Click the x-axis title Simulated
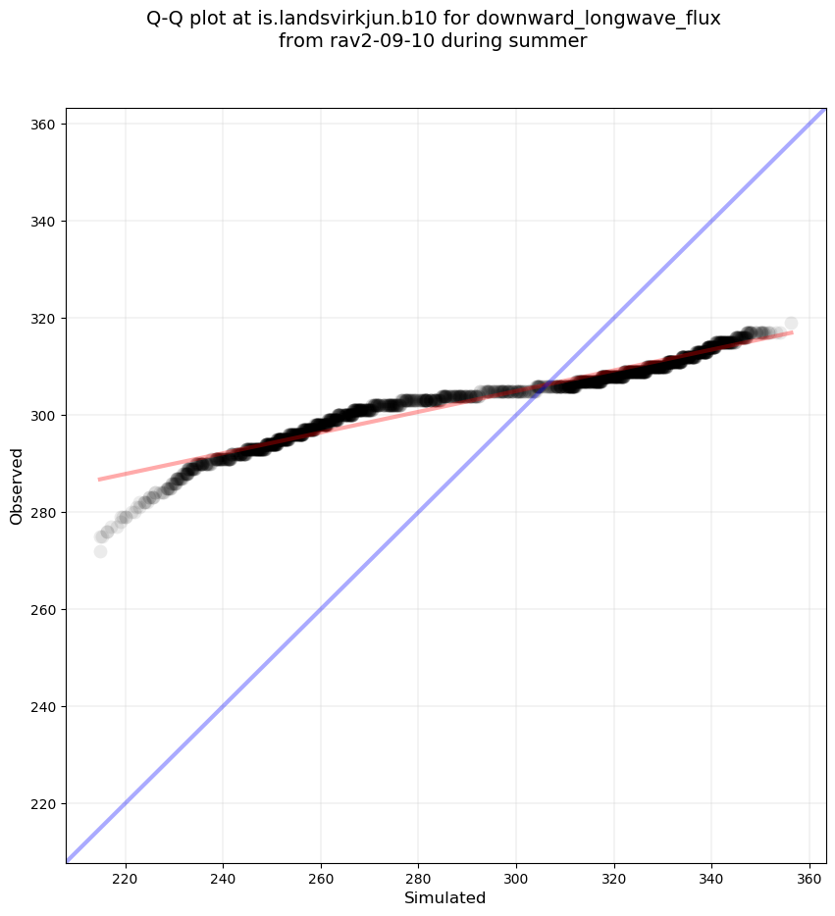[x=445, y=897]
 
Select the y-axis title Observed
[x=17, y=485]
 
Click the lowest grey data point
[x=100, y=551]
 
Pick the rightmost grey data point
[x=791, y=323]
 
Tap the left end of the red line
[x=99, y=480]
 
